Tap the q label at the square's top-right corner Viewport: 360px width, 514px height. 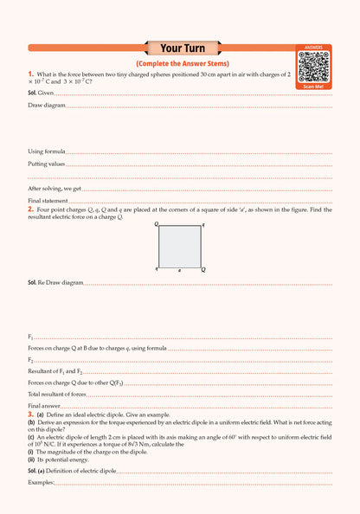click(203, 224)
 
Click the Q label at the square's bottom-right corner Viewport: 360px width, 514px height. click(203, 270)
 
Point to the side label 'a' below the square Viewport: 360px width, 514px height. click(179, 271)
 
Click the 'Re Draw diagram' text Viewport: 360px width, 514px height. click(61, 282)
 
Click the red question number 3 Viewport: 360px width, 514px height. click(30, 415)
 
